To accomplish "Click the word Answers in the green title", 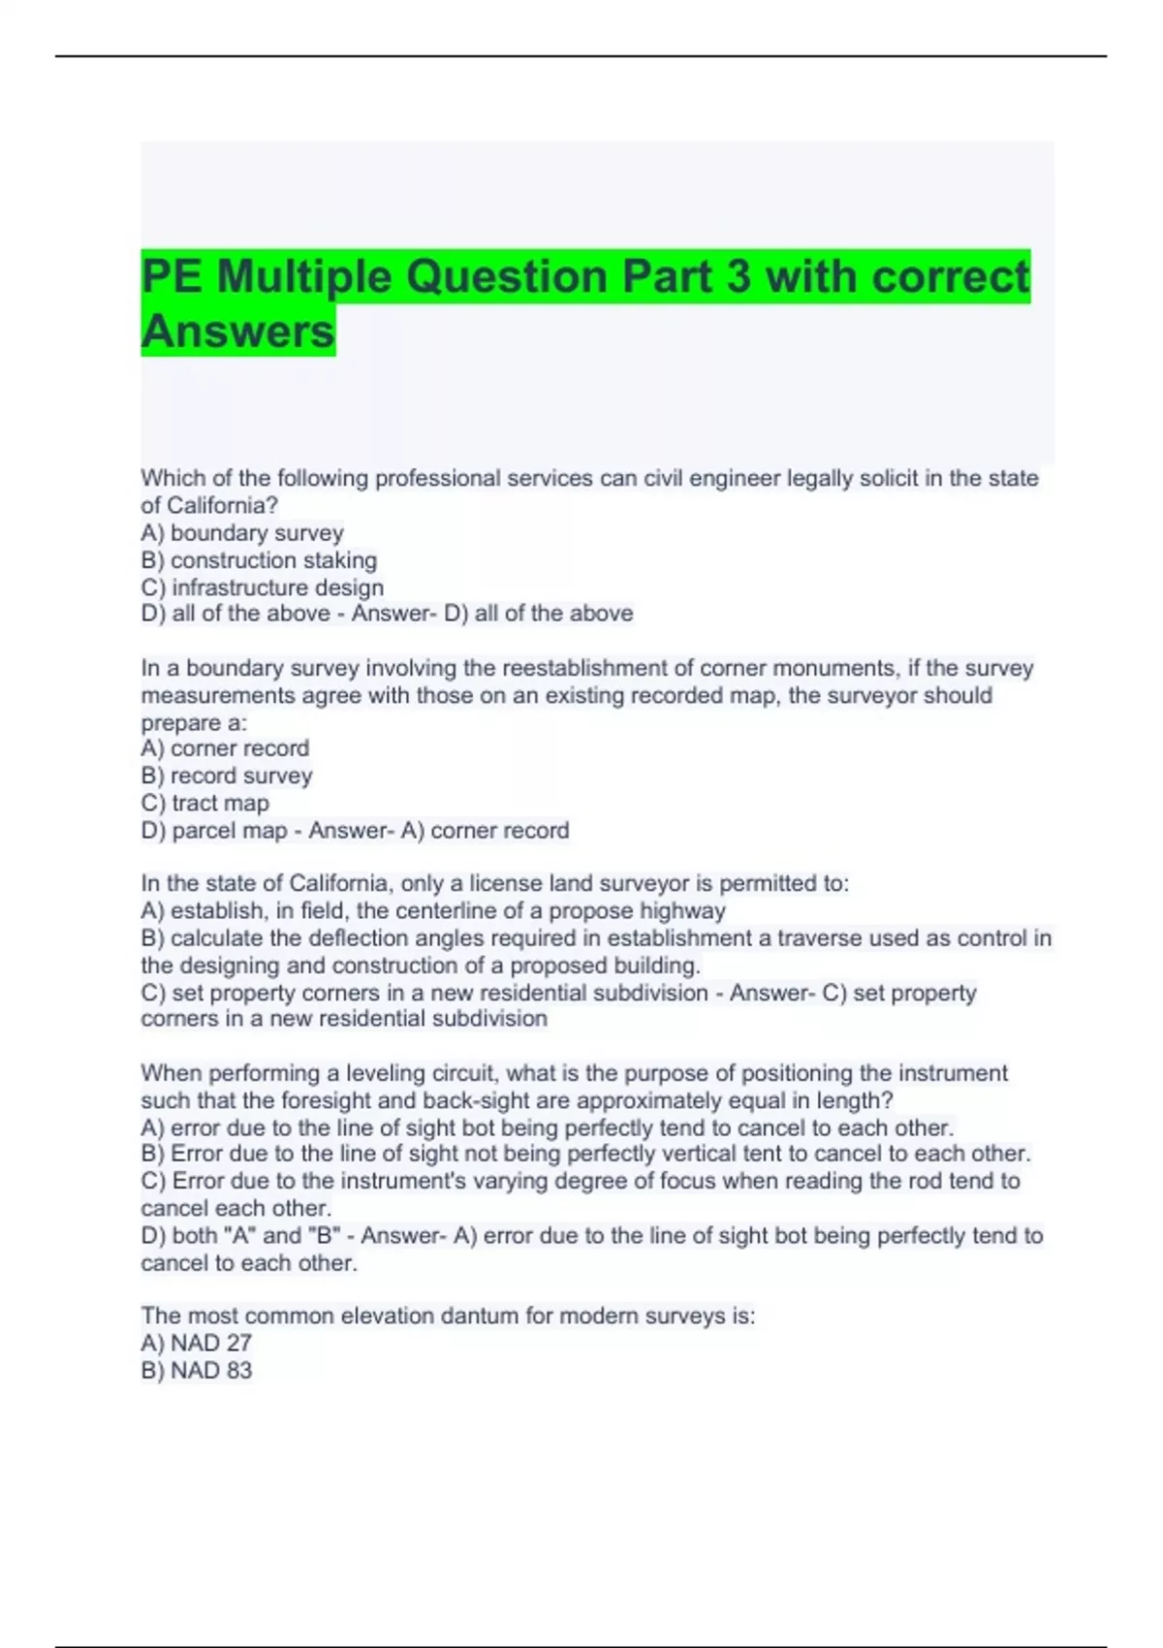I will tap(237, 332).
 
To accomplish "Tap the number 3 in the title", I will tap(738, 276).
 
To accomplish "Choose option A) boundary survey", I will tap(242, 533).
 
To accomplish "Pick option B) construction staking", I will tap(259, 560).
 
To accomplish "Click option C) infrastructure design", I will tap(262, 587).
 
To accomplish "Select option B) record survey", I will tap(227, 776).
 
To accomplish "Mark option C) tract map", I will tap(204, 803).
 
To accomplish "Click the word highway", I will tap(689, 911).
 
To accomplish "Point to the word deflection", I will tap(356, 938).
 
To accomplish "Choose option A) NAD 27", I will tap(196, 1343).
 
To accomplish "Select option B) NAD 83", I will tap(196, 1370).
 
